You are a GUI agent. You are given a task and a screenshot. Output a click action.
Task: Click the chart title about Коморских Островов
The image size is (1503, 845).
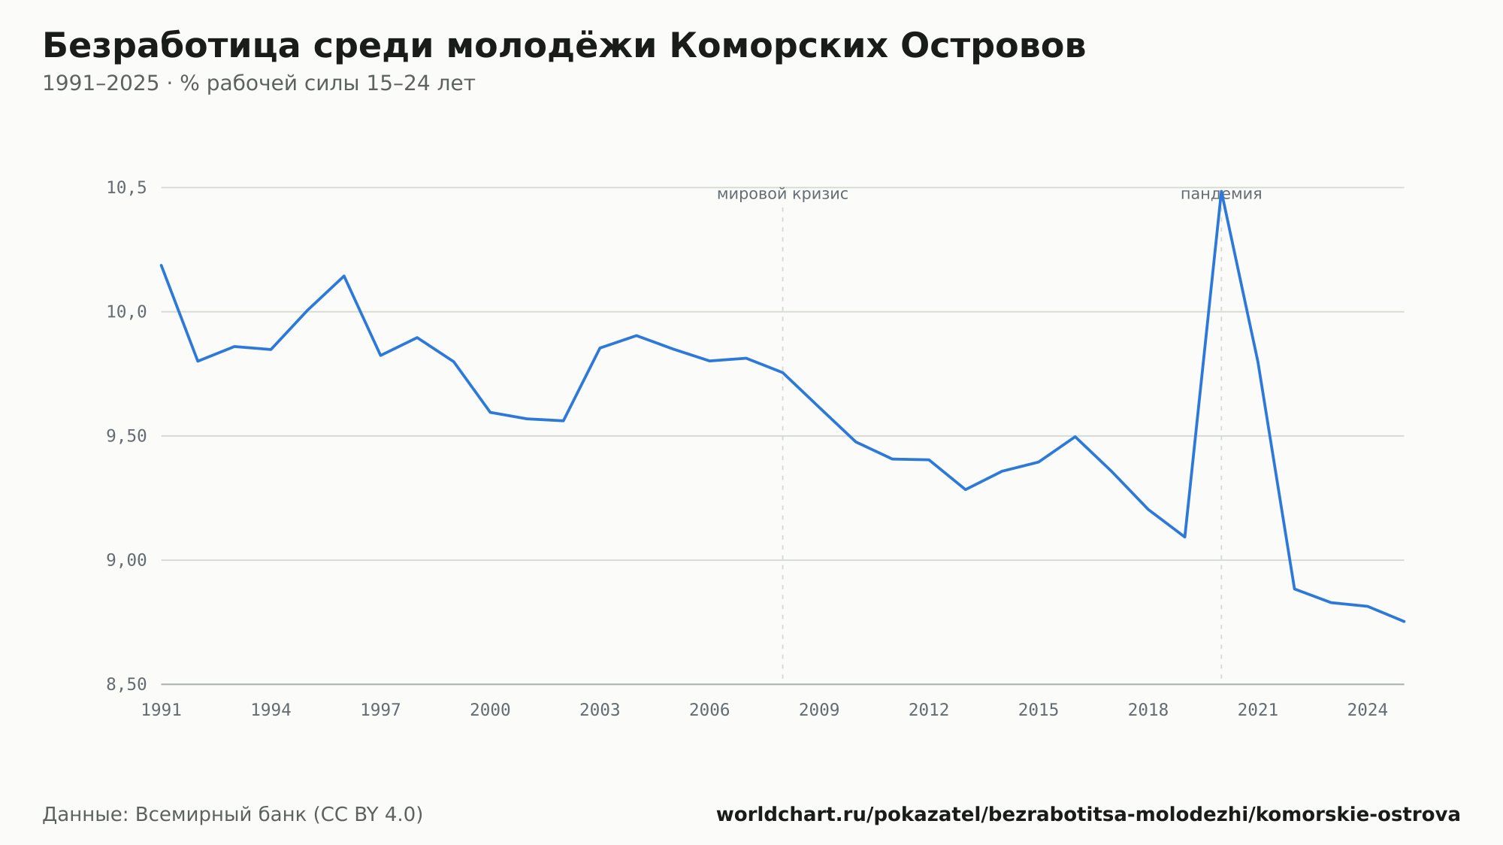564,47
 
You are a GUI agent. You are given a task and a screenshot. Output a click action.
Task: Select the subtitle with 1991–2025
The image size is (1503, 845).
259,83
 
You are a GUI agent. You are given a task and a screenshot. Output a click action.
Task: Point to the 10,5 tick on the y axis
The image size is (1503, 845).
126,188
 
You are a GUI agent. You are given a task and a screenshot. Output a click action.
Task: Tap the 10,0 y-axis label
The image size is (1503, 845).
126,312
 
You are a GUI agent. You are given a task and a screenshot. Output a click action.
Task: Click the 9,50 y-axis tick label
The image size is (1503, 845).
126,436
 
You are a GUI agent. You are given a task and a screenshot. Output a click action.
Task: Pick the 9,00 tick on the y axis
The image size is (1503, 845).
126,560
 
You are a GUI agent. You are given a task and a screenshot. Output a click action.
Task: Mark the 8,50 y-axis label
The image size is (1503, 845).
126,684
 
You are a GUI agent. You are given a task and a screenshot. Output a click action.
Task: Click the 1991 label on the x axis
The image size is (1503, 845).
162,710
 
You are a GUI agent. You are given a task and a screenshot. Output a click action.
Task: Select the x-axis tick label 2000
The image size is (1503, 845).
490,710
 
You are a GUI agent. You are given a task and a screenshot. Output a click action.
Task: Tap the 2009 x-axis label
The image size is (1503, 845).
819,710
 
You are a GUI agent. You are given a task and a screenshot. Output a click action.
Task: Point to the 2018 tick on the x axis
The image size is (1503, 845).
1148,710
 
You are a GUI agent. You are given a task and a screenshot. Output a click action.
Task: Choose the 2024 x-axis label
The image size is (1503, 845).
1368,710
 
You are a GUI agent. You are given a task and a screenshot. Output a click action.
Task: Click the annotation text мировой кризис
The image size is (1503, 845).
782,195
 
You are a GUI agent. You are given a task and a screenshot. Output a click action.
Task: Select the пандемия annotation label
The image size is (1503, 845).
1221,195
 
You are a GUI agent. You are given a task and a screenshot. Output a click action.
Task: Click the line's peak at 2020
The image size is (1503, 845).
1221,192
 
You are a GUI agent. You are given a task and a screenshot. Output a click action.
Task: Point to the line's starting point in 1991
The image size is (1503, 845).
162,265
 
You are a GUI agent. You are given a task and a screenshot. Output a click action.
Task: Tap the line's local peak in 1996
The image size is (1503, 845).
344,276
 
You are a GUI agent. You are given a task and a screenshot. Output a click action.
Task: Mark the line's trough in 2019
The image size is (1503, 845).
1184,537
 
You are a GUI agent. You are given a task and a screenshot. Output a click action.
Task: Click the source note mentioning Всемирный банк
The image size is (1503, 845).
233,815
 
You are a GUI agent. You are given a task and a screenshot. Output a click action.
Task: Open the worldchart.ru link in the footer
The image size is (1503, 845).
1088,815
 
